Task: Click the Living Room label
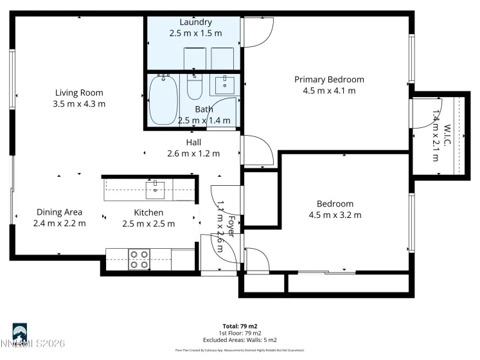(79, 93)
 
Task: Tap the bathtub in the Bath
(163, 100)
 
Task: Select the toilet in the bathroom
(195, 87)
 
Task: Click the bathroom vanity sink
(225, 84)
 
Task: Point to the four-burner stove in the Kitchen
(139, 258)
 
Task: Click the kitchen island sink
(155, 187)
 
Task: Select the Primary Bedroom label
(329, 80)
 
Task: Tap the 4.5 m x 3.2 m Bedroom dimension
(335, 215)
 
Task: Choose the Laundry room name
(195, 22)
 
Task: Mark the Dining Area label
(59, 212)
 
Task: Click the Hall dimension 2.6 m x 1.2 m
(193, 154)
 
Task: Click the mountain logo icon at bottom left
(19, 332)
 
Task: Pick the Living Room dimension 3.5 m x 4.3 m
(79, 104)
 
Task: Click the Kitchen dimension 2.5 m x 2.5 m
(148, 223)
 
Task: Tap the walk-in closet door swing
(429, 109)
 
